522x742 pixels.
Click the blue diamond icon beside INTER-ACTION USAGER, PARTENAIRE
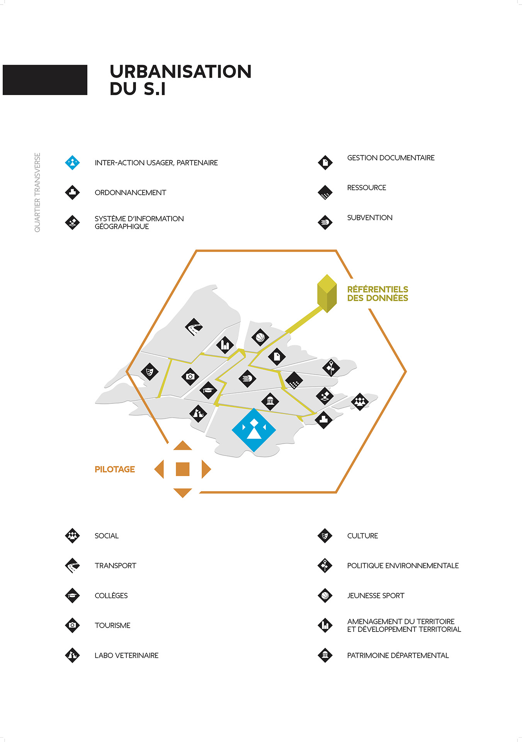(x=72, y=163)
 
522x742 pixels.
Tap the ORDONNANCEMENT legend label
(x=130, y=192)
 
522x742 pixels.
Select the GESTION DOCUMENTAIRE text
(x=391, y=158)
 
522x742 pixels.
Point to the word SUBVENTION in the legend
(x=370, y=218)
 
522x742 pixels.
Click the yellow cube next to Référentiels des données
(x=327, y=293)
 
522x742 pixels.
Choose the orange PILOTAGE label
(x=115, y=469)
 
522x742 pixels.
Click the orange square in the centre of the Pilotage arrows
(x=182, y=469)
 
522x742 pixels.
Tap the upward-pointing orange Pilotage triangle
(x=183, y=446)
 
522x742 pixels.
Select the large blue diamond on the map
(x=253, y=430)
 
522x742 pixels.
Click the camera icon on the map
(x=190, y=376)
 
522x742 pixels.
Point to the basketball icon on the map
(x=260, y=337)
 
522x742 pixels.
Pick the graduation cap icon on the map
(x=208, y=390)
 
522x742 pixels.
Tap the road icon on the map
(x=194, y=327)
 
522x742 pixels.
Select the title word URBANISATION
(x=181, y=71)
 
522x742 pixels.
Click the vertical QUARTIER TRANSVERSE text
(x=37, y=192)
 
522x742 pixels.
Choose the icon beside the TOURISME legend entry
(x=72, y=625)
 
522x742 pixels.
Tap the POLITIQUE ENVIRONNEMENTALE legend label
(x=403, y=566)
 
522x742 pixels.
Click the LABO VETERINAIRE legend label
(x=126, y=655)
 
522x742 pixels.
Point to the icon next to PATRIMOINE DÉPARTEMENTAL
(x=325, y=655)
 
